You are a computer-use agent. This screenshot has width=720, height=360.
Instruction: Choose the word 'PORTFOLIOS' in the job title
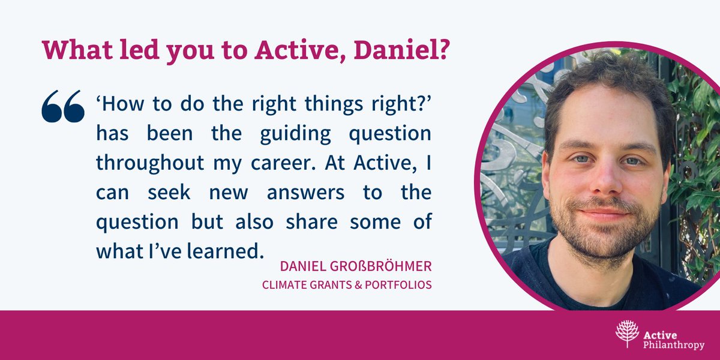400,284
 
